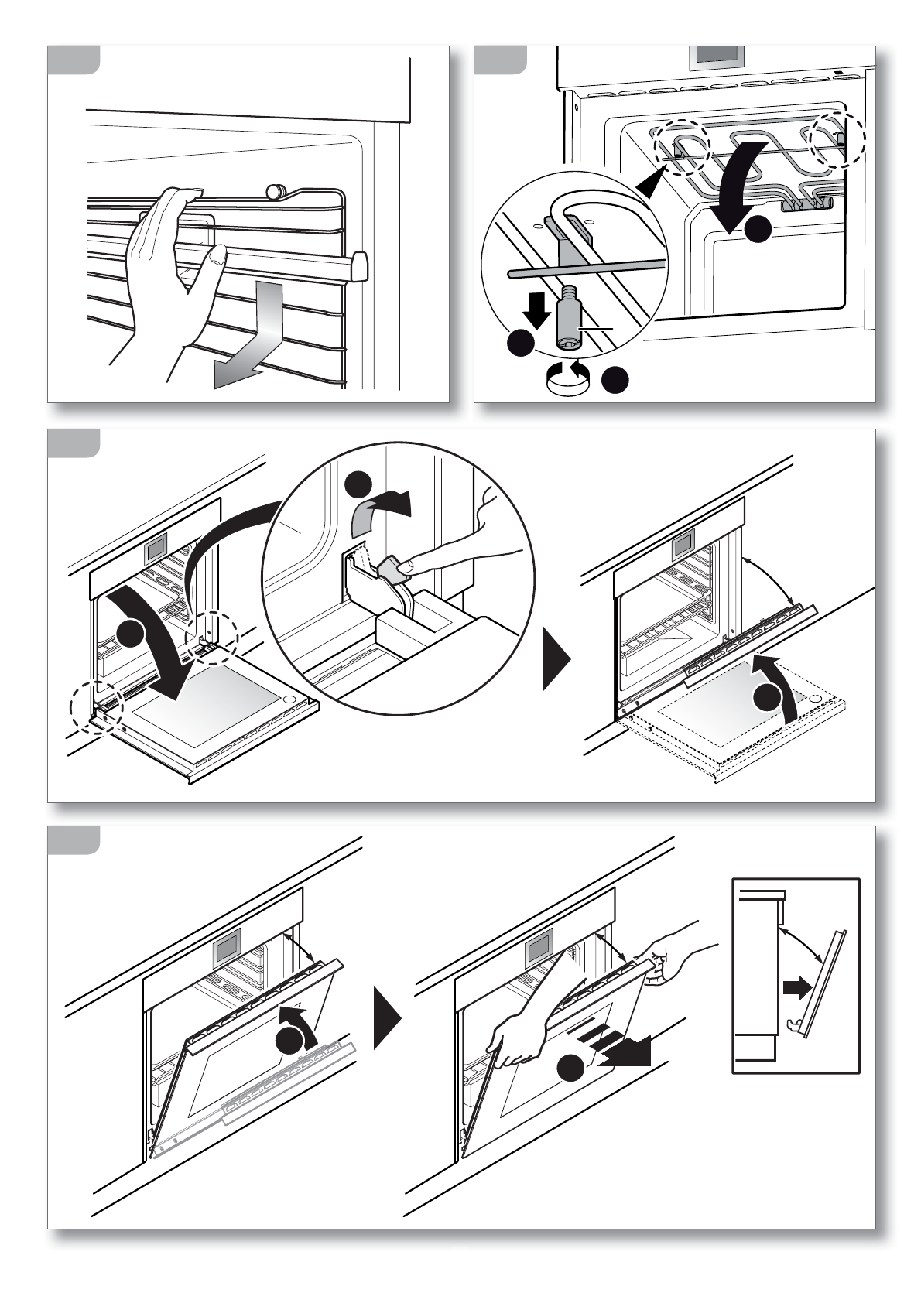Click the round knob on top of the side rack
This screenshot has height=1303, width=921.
pyautogui.click(x=275, y=190)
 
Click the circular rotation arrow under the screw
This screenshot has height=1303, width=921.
pyautogui.click(x=567, y=378)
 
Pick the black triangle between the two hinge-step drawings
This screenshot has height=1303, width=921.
pyautogui.click(x=556, y=659)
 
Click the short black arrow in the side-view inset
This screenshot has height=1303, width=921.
pyautogui.click(x=796, y=987)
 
